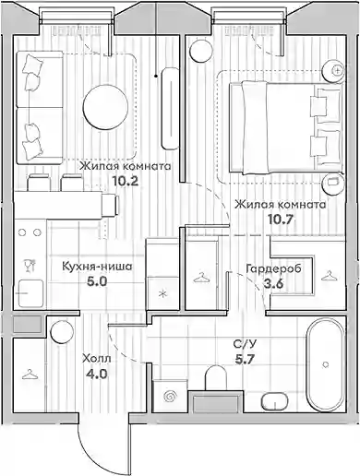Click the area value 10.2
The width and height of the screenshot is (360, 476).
(x=125, y=181)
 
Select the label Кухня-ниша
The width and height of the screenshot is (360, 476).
(x=97, y=267)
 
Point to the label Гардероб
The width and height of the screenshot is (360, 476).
(x=274, y=269)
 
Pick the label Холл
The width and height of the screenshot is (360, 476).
(x=97, y=358)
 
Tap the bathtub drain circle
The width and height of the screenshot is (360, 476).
(x=326, y=364)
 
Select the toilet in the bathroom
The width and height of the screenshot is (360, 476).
(x=216, y=377)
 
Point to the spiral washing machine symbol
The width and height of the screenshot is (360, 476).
(x=170, y=397)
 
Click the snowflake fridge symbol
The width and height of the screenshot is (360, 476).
(x=162, y=294)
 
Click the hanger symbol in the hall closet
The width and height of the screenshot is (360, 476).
(x=30, y=375)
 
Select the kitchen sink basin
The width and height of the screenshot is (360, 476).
(x=30, y=293)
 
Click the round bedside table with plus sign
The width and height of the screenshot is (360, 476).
(x=333, y=70)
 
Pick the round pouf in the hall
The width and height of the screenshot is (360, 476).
(x=62, y=332)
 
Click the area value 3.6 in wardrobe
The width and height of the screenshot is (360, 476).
(x=273, y=284)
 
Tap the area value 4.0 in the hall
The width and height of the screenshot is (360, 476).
(x=97, y=375)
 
